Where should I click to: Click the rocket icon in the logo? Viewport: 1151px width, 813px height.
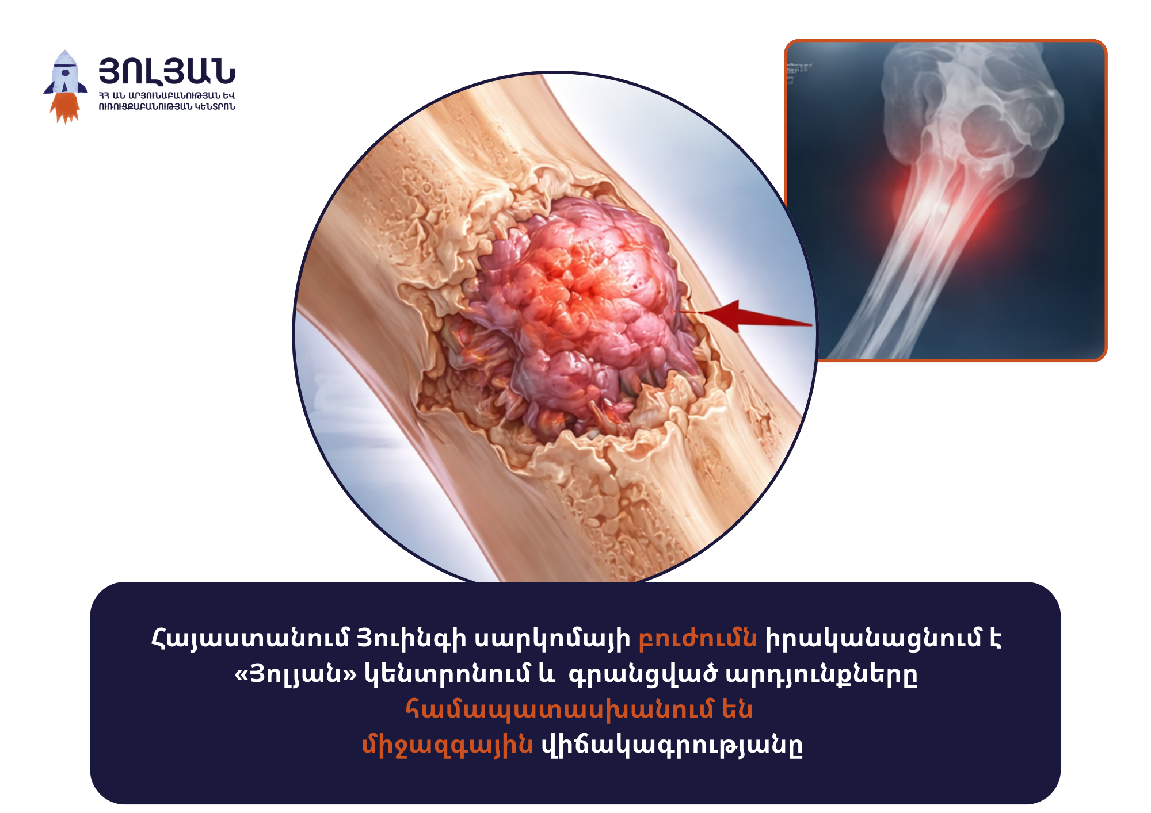point(66,86)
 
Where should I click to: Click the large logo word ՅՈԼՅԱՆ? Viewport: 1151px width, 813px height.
point(167,71)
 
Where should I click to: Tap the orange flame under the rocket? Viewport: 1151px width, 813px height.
point(66,108)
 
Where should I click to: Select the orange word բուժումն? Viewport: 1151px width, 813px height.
point(698,639)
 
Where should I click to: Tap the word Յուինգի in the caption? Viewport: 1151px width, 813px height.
point(411,639)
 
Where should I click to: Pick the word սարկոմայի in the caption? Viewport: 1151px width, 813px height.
point(552,639)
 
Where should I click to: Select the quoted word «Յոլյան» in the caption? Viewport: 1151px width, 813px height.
point(295,674)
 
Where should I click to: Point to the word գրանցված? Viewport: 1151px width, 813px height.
point(643,674)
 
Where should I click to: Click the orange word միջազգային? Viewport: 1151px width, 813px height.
point(447,745)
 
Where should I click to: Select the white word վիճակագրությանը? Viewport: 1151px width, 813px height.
point(672,745)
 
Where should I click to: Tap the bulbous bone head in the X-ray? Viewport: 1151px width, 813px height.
point(973,103)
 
